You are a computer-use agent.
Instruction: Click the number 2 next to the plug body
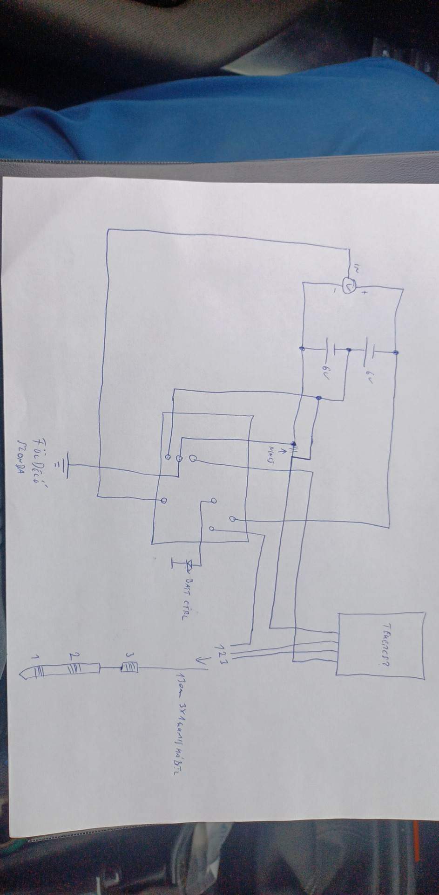(x=72, y=656)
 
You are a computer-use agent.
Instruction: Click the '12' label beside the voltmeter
(x=358, y=269)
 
